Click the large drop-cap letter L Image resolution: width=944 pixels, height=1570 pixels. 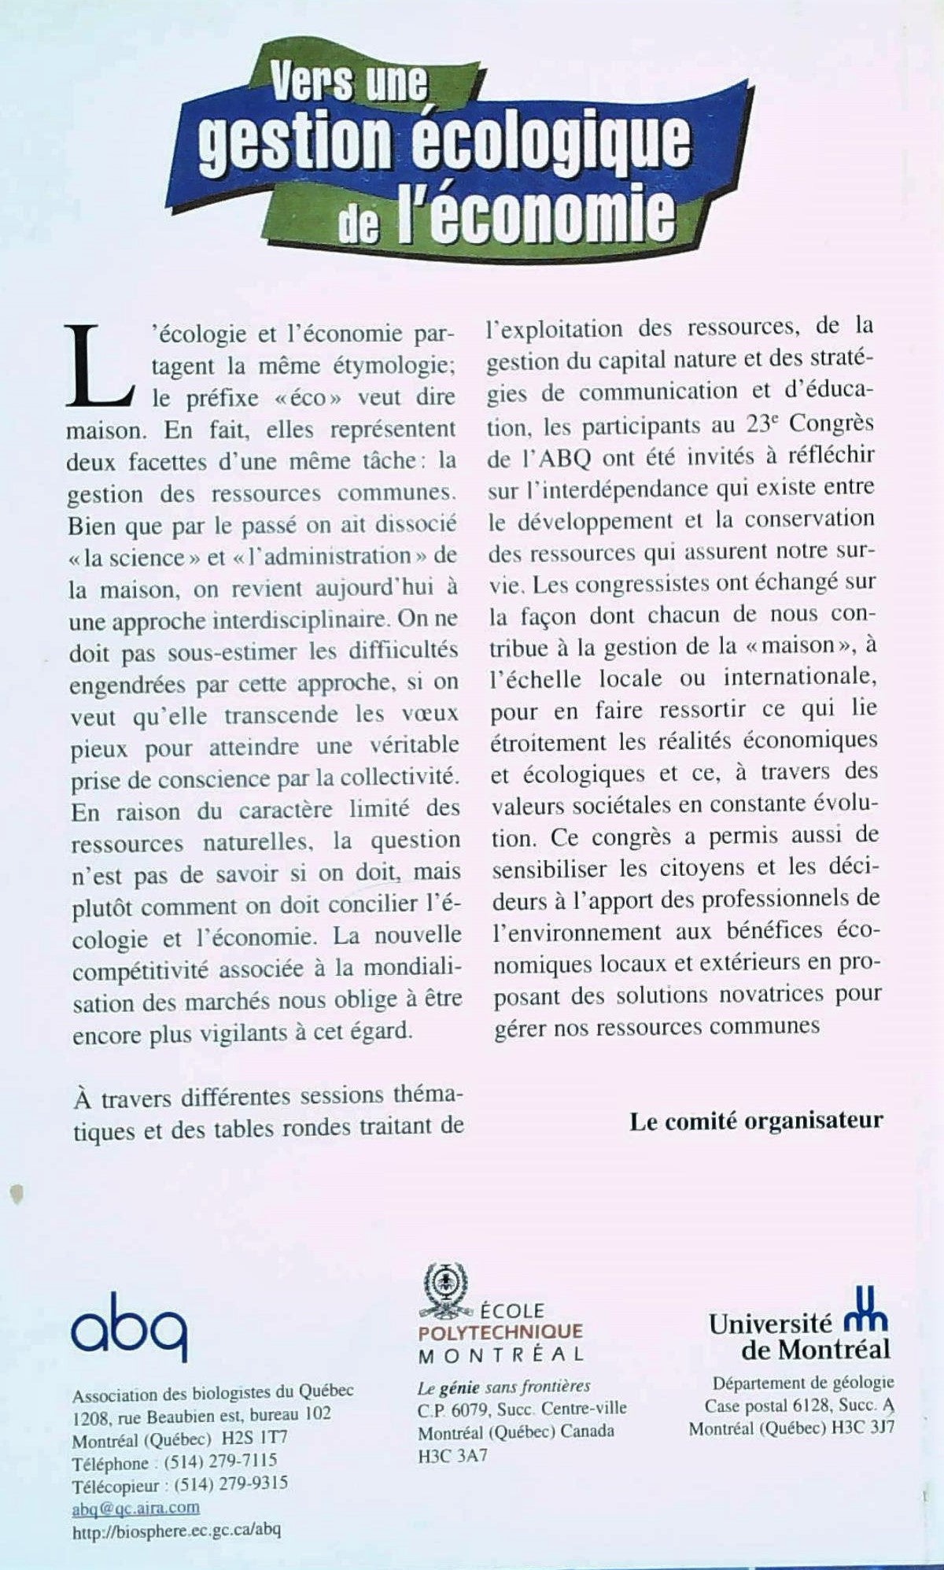(98, 367)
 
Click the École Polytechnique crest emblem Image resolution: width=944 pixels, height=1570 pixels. (444, 1290)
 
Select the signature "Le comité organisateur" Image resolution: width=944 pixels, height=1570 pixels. (755, 1121)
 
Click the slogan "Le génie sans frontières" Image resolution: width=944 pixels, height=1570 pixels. (503, 1387)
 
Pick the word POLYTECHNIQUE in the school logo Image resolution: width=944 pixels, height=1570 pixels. (500, 1332)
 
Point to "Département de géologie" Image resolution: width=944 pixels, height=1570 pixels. (802, 1383)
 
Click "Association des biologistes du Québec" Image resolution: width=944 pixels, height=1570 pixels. (212, 1391)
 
